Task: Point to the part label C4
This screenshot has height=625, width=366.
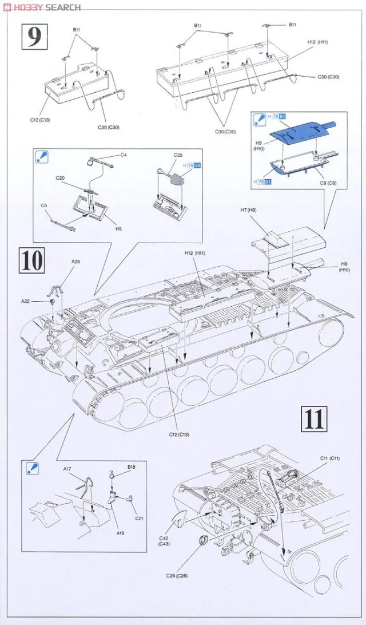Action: pyautogui.click(x=124, y=155)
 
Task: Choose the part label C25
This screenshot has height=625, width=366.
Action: pyautogui.click(x=178, y=155)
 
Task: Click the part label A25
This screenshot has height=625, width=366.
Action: pyautogui.click(x=76, y=262)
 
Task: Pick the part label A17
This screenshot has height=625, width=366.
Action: pyautogui.click(x=67, y=469)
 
